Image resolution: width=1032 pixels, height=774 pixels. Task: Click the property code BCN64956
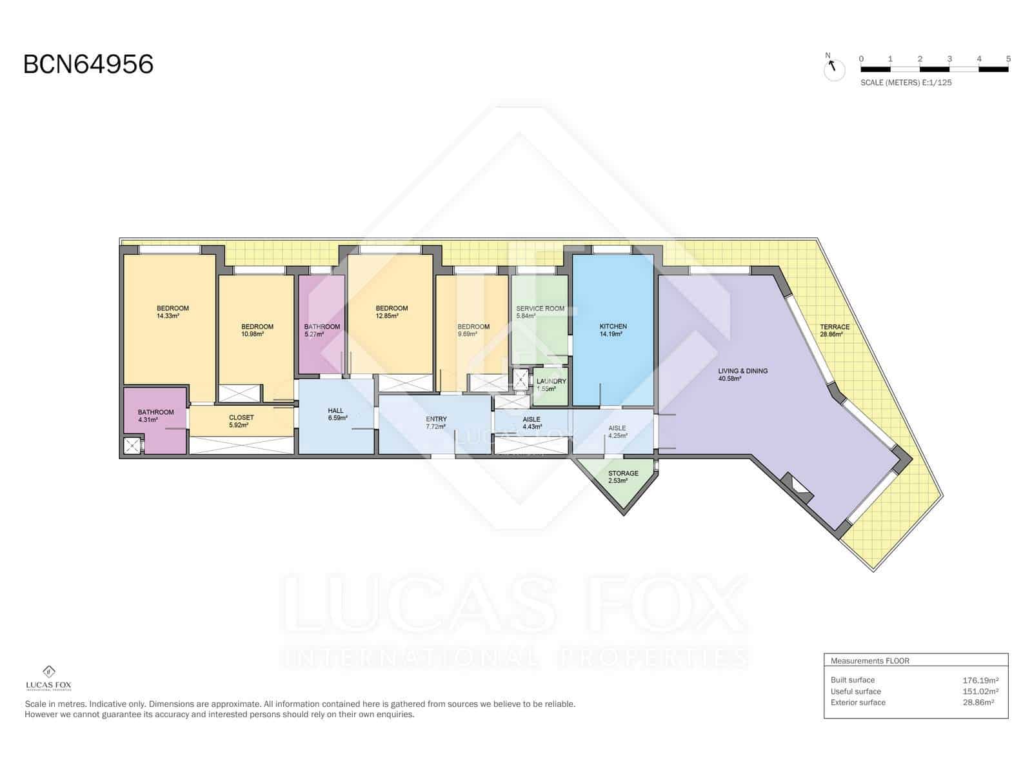[x=88, y=64]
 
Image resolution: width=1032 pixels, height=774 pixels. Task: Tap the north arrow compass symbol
[x=834, y=68]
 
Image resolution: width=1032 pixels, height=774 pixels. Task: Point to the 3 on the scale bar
[x=949, y=59]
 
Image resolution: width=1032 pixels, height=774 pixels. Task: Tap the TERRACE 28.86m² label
[x=834, y=330]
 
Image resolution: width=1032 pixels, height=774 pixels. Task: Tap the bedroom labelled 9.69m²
[x=473, y=330]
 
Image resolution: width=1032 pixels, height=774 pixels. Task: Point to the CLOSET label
[x=241, y=421]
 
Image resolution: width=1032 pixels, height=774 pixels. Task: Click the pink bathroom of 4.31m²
[x=155, y=416]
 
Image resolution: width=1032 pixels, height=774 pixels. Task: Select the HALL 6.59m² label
[x=336, y=414]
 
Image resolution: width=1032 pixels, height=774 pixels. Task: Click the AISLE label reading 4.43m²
[x=531, y=422]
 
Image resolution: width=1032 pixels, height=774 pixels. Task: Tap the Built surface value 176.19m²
[x=980, y=680]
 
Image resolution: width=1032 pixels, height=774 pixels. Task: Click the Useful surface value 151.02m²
[x=980, y=691]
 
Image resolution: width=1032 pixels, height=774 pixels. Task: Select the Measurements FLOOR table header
[x=869, y=660]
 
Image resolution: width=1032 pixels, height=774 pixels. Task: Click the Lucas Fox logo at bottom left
[x=48, y=678]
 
